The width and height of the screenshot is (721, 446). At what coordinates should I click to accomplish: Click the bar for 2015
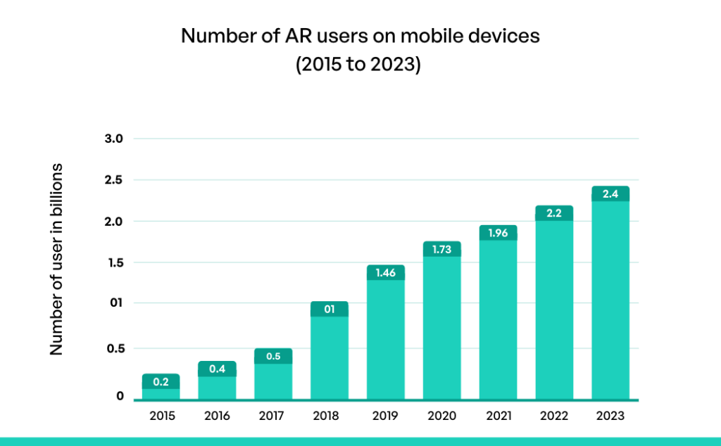(161, 388)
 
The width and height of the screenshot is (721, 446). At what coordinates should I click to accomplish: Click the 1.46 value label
(386, 272)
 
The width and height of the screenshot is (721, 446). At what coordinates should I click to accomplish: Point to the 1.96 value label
(499, 233)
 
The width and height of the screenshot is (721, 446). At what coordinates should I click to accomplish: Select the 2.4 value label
(610, 193)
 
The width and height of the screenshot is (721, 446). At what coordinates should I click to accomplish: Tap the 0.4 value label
(217, 369)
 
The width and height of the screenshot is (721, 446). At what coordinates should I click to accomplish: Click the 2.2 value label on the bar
(554, 213)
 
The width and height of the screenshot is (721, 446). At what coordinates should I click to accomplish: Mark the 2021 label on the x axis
(499, 416)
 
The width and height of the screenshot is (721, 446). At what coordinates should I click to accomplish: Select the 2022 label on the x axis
(554, 416)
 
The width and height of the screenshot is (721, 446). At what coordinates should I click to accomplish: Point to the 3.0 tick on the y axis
(113, 139)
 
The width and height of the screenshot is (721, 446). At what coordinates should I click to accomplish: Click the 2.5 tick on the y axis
(113, 180)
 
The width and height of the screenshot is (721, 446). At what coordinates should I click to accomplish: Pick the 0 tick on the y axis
(120, 396)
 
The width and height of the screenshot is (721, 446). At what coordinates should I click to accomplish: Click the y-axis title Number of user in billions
(57, 260)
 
